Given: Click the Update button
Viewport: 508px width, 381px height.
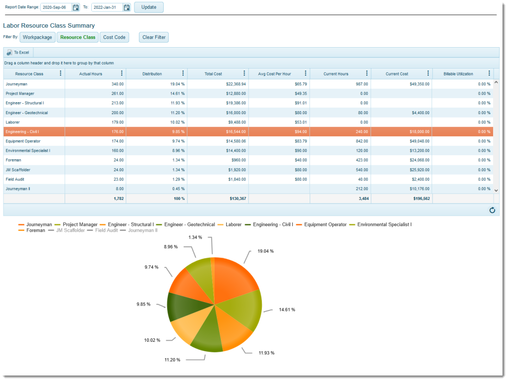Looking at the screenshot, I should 148,7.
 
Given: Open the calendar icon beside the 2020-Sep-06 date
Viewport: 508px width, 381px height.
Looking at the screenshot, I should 75,7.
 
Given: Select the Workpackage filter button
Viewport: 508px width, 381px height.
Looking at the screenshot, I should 37,37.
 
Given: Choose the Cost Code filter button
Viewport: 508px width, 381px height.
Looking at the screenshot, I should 114,37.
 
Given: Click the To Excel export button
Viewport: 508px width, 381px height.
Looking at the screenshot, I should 18,53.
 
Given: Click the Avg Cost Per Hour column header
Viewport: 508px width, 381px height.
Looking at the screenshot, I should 275,74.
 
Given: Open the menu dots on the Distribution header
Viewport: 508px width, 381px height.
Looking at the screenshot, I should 183,73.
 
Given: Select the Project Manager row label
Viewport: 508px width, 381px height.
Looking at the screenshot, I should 20,93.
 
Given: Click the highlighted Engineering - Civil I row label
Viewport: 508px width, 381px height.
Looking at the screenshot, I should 22,132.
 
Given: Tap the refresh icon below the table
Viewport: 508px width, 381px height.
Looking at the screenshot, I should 492,210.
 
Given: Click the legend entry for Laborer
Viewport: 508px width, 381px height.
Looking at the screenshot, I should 233,225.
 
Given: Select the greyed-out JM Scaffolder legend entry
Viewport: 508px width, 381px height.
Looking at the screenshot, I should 70,230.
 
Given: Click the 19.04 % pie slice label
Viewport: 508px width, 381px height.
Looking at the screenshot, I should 265,251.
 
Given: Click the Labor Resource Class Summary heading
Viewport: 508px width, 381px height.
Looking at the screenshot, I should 49,25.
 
